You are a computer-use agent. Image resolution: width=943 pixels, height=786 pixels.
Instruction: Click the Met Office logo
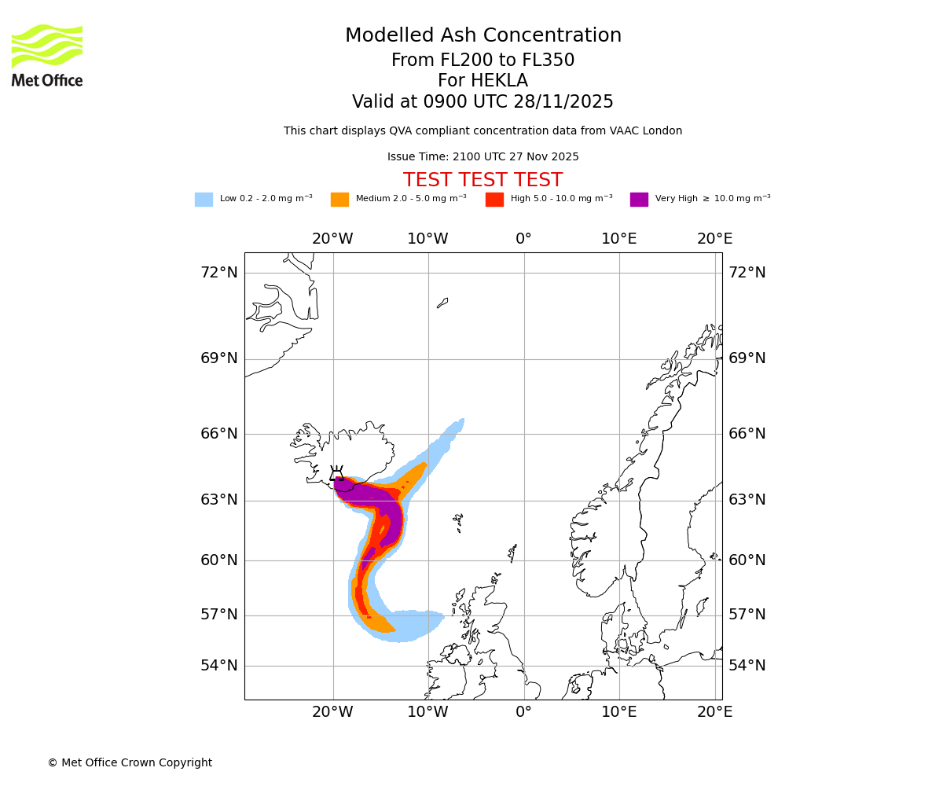(47, 55)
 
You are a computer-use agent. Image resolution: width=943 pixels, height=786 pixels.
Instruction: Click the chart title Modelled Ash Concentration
(483, 35)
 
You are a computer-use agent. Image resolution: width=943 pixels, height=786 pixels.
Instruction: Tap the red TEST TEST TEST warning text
(483, 180)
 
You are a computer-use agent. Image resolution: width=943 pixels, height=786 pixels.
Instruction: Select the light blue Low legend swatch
(204, 200)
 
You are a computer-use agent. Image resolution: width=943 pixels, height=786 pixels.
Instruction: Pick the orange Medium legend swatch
(339, 200)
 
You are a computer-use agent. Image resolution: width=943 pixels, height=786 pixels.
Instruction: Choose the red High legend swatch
(494, 200)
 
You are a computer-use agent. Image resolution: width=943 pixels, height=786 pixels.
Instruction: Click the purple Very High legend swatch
(639, 200)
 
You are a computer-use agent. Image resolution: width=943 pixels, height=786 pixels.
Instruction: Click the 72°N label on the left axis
(218, 273)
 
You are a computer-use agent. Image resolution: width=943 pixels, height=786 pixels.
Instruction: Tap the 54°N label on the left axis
(218, 666)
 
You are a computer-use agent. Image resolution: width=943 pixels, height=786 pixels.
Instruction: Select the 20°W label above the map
(332, 239)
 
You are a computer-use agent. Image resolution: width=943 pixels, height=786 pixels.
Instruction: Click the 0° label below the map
(523, 712)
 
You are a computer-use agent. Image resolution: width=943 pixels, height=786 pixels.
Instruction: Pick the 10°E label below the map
(619, 712)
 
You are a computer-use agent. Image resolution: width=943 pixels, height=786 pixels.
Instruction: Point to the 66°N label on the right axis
(747, 434)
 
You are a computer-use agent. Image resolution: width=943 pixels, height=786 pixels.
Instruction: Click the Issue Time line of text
(483, 157)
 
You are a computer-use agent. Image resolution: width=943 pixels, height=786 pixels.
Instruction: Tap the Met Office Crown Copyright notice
(130, 762)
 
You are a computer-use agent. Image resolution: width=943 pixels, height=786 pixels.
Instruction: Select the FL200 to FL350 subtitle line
(483, 61)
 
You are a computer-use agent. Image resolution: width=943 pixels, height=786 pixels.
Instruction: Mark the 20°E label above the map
(714, 239)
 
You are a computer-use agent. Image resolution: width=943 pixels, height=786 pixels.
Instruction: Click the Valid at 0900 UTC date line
(483, 102)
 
